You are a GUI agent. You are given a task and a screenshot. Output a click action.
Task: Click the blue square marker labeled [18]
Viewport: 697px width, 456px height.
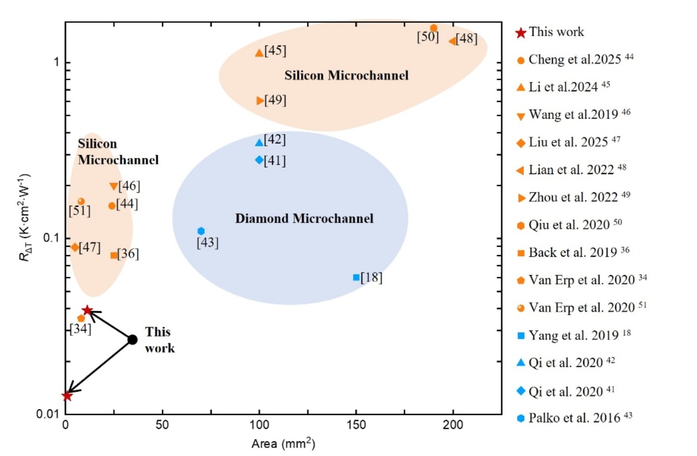[356, 277]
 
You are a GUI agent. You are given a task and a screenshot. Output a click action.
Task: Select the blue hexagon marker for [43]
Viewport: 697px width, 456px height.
[201, 231]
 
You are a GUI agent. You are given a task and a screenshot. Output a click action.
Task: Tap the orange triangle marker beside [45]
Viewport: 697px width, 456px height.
[259, 52]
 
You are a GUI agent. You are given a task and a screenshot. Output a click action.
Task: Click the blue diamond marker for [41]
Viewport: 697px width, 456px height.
[259, 160]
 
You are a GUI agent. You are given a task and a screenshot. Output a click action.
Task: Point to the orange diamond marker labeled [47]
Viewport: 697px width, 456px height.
[75, 247]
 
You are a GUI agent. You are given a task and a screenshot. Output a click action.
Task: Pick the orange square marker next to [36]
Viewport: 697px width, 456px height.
[114, 255]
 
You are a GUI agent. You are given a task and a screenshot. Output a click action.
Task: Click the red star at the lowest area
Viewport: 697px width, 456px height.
[67, 396]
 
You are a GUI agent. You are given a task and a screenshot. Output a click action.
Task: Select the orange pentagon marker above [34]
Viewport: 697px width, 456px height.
[81, 318]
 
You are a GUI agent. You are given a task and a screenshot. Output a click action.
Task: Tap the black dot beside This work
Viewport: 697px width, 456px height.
[132, 340]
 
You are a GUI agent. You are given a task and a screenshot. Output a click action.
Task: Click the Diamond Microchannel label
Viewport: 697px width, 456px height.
[304, 219]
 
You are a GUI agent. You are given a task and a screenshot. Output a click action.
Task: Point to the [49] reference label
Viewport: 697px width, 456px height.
[275, 100]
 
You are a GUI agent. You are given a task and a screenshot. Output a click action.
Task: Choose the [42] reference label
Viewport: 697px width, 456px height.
[275, 140]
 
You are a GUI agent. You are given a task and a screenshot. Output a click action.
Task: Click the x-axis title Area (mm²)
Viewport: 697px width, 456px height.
[283, 444]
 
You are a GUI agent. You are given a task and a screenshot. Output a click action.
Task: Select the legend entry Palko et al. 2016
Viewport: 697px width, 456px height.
[574, 418]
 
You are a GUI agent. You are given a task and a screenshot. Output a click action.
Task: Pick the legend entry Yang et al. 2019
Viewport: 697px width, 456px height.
[573, 335]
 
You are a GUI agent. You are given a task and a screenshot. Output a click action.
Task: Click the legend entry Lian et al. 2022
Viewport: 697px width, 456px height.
[571, 170]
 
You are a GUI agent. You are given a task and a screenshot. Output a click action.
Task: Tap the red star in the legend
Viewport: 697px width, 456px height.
[521, 33]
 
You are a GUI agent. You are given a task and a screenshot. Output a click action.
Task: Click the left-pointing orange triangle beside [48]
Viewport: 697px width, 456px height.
[452, 41]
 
